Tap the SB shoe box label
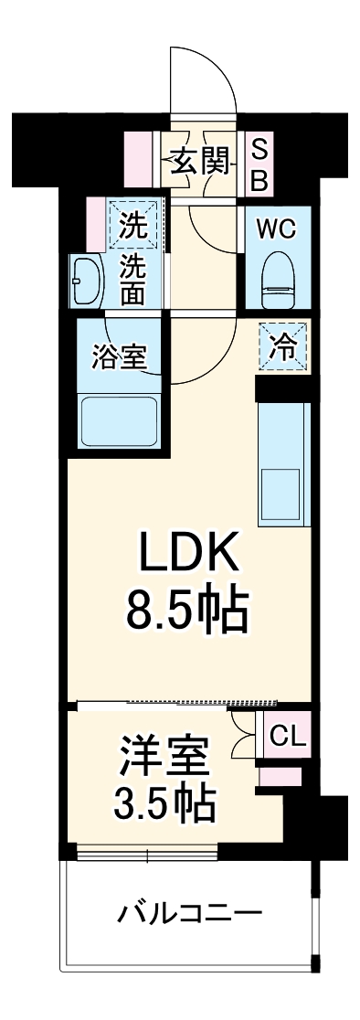click(259, 165)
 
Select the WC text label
click(276, 229)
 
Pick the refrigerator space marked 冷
click(282, 348)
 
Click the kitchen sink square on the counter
click(281, 484)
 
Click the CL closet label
click(287, 736)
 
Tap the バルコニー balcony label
click(189, 911)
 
